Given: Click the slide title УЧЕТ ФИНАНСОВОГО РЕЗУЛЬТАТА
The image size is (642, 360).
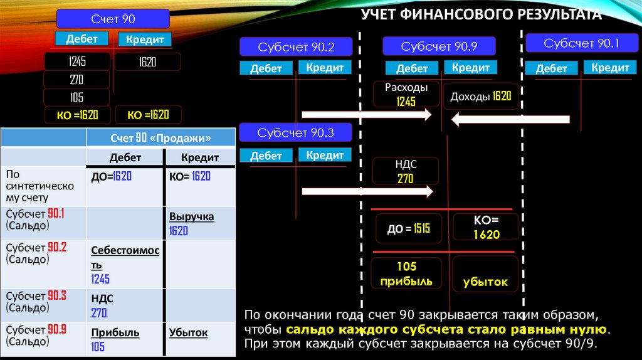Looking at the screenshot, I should (x=481, y=14).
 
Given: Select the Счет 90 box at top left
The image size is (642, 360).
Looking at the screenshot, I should (x=113, y=19).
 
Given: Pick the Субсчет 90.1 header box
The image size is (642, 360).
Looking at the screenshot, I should (x=581, y=43).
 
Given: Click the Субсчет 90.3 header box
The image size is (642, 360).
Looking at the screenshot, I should (x=296, y=133).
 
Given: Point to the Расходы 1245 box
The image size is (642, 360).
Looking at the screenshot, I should (x=406, y=95).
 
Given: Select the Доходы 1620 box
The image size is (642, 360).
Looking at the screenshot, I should (x=481, y=97).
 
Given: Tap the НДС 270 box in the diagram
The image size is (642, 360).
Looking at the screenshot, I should (x=406, y=171).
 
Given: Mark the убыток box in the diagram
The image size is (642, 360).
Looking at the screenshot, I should (x=485, y=282).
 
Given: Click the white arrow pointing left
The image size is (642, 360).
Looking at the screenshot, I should (x=510, y=119).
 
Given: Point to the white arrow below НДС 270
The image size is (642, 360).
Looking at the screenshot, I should (x=367, y=191).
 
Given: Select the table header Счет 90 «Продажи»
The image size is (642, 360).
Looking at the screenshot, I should (x=160, y=137).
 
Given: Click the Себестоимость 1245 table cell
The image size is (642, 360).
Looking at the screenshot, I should (x=125, y=264).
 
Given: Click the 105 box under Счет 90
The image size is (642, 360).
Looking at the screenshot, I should (x=76, y=97).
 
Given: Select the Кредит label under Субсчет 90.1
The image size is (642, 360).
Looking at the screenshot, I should (x=609, y=68).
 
